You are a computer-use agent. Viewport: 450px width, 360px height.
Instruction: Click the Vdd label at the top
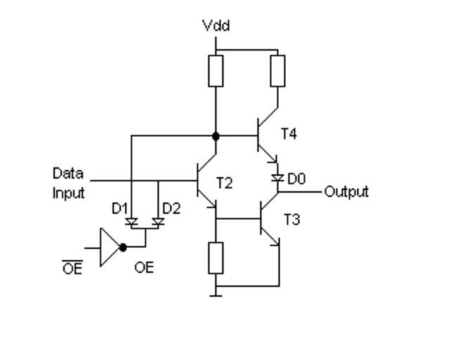216,26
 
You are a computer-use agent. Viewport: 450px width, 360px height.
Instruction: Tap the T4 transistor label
288,133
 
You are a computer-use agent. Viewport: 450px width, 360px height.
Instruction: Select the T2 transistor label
224,184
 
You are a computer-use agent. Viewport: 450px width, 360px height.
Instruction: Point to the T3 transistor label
292,220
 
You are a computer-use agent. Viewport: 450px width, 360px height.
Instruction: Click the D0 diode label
296,179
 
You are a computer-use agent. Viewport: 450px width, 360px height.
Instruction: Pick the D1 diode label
120,208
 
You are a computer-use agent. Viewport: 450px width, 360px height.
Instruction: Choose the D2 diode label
171,208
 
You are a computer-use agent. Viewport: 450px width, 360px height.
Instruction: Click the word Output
346,191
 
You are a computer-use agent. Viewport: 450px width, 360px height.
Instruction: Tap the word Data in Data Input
67,174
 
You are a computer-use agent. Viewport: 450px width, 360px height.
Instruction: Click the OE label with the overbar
72,267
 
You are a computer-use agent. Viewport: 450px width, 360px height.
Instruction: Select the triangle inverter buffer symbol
109,247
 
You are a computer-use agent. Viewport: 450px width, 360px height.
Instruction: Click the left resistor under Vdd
216,70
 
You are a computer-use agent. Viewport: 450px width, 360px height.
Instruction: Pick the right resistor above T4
278,70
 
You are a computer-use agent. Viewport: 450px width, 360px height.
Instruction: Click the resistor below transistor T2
216,257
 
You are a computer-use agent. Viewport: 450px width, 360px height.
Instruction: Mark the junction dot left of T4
216,136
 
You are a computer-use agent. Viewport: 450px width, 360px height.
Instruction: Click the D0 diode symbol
278,179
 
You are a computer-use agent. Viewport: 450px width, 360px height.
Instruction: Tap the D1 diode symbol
131,222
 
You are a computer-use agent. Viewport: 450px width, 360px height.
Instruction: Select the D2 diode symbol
158,222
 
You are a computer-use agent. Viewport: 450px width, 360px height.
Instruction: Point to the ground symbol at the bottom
216,293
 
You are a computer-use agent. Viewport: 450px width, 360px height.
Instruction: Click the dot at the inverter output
124,247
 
